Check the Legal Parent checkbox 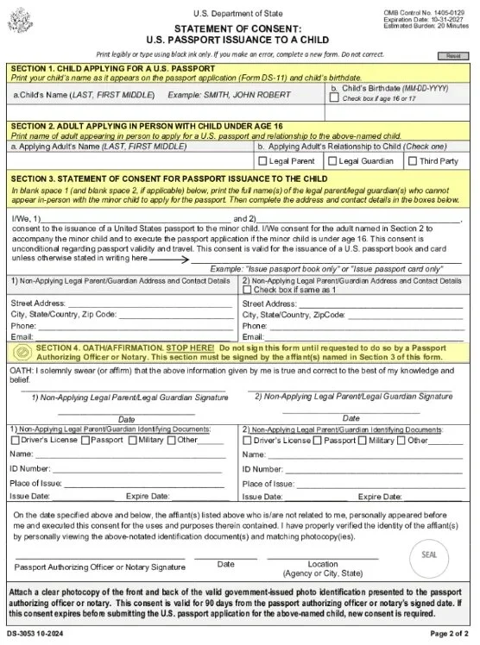pos(262,160)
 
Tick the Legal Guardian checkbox pos(332,160)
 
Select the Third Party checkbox pos(412,160)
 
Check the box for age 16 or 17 pos(335,98)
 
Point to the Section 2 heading pos(146,126)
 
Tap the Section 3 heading pos(168,178)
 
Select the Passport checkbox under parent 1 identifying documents pos(85,441)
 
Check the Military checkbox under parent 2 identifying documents pos(363,441)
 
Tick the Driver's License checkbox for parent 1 pos(15,441)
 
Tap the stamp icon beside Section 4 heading pos(21,353)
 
